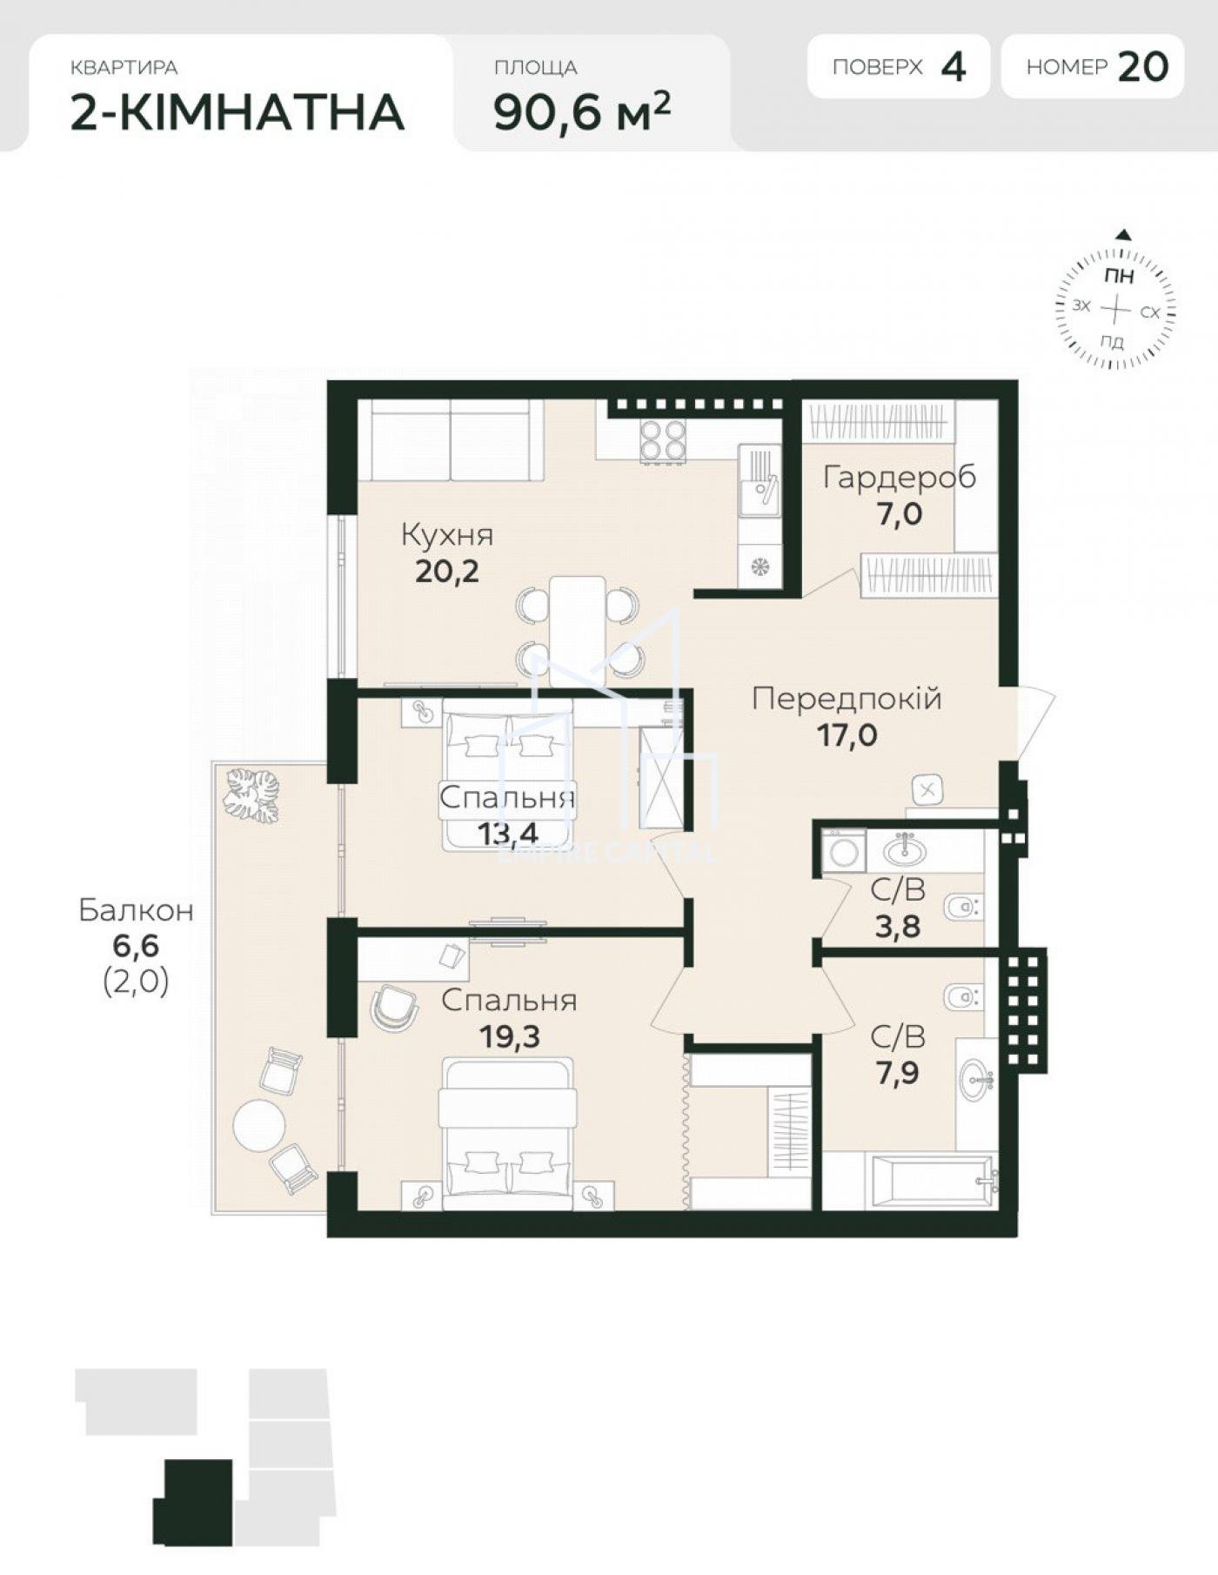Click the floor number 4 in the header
coord(954,67)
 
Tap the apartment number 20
coord(1142,67)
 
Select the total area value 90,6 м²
coord(582,111)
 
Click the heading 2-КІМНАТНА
coord(237,112)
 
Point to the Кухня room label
coord(447,534)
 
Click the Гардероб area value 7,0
coord(900,513)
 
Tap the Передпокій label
coord(847,698)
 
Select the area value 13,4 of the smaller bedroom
coord(508,834)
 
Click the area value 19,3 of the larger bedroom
coord(510,1036)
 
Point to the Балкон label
coord(136,910)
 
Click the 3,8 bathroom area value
coord(898,926)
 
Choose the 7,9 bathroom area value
coord(897,1073)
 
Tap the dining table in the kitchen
coord(577,631)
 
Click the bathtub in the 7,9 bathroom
coord(933,1181)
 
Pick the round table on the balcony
coord(259,1125)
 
